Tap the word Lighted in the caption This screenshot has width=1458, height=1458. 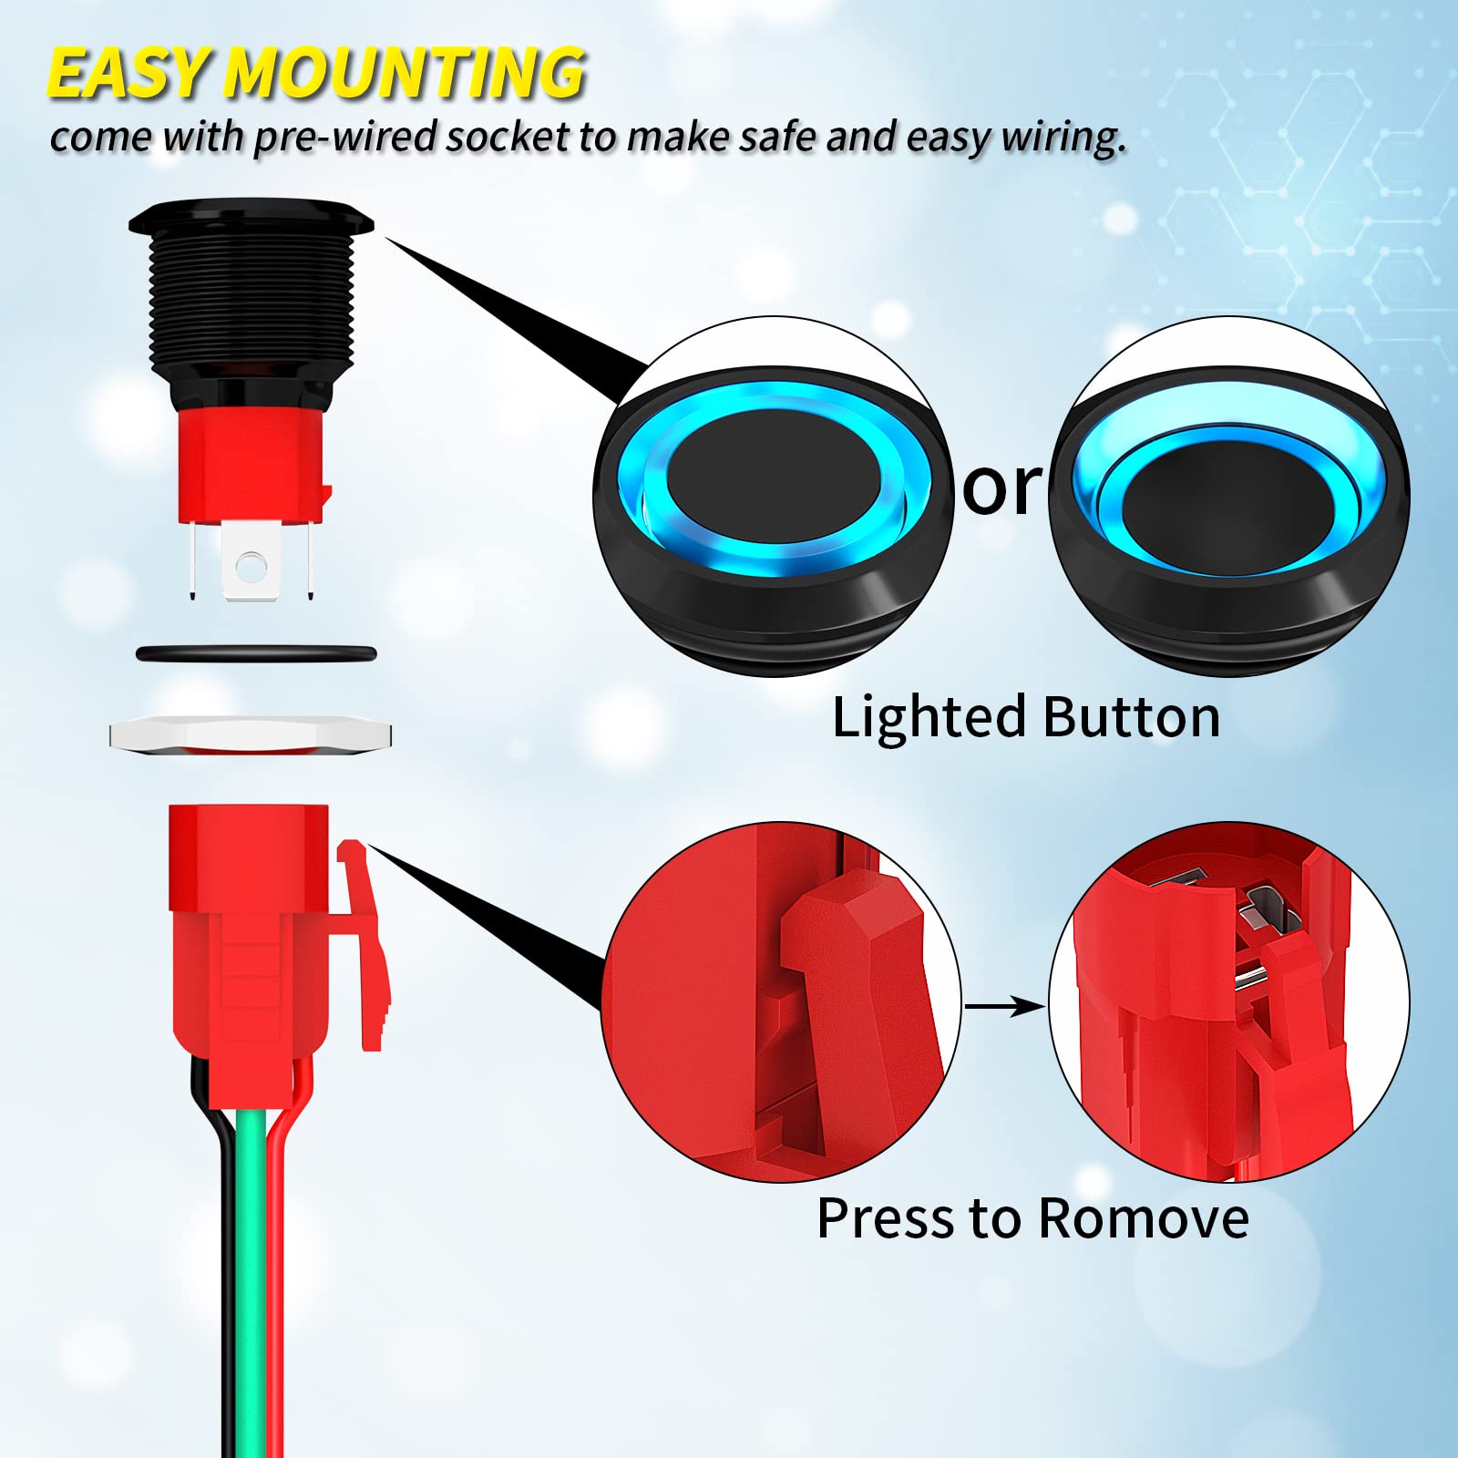click(x=929, y=717)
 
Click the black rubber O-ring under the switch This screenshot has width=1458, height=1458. click(x=255, y=653)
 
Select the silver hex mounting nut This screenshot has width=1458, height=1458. click(x=251, y=734)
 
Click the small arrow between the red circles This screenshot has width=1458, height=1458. click(x=1003, y=1006)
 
